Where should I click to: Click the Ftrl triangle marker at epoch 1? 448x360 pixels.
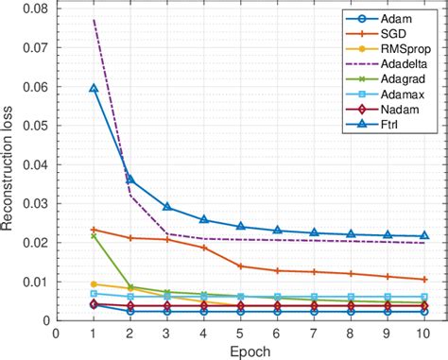94,88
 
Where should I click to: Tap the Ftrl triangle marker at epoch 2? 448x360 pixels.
130,180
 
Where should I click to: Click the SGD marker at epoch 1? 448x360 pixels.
94,230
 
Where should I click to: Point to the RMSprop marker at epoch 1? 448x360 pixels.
94,284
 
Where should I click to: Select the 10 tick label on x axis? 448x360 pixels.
424,333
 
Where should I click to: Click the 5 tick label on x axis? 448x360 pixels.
240,333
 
